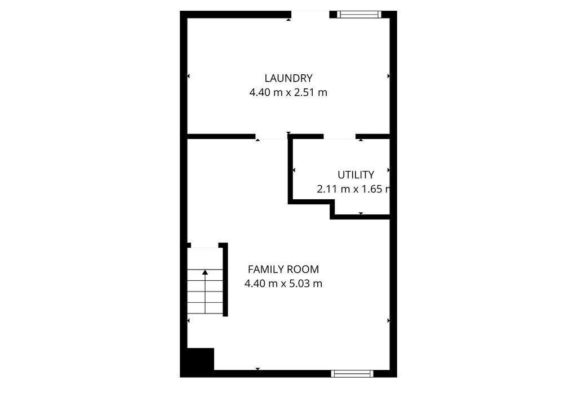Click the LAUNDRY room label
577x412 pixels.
(x=288, y=78)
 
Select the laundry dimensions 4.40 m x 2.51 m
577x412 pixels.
(x=288, y=92)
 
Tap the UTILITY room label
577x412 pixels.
(x=356, y=175)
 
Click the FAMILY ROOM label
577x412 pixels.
(x=283, y=270)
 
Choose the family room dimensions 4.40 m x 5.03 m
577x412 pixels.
(x=283, y=284)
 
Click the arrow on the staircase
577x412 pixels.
(x=205, y=272)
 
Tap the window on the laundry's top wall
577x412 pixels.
(x=359, y=15)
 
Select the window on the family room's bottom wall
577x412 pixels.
(x=352, y=373)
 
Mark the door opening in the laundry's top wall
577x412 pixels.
(x=310, y=15)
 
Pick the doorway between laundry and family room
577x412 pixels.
(x=272, y=136)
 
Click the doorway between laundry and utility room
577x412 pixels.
(x=339, y=136)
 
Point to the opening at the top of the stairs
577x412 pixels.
(x=205, y=245)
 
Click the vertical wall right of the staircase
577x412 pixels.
(x=225, y=280)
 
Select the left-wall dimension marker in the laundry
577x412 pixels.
(x=188, y=76)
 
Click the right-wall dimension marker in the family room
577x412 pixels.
(x=388, y=320)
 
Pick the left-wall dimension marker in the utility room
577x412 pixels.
(x=294, y=170)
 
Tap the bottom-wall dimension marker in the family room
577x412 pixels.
(x=258, y=369)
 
